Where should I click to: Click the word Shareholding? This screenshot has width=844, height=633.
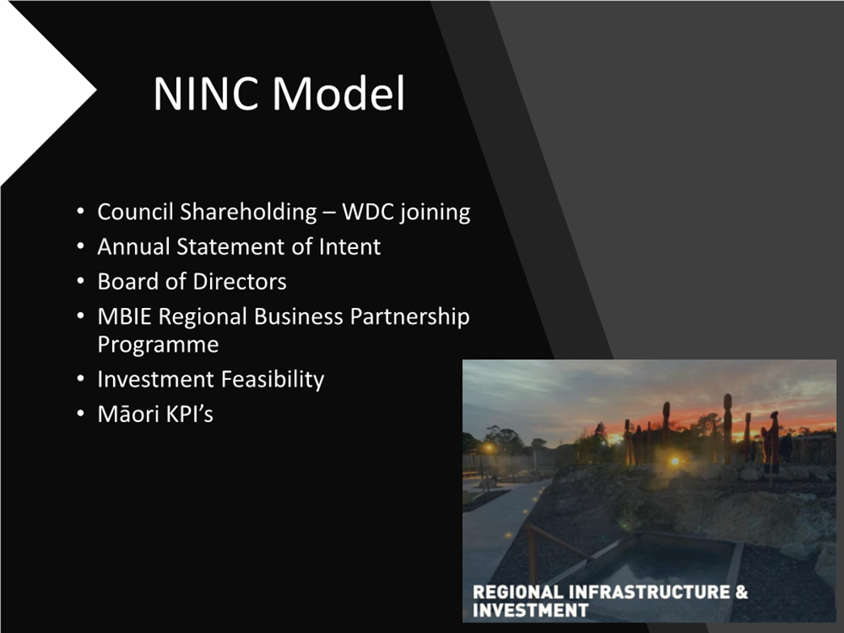click(x=248, y=212)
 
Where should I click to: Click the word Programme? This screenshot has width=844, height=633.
click(x=158, y=344)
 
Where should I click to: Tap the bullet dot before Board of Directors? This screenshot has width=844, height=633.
click(x=81, y=281)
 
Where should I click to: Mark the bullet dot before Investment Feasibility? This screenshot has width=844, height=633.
click(x=81, y=379)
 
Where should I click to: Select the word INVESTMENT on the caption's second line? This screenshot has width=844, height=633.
click(x=530, y=610)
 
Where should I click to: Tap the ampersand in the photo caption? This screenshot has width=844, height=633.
click(x=741, y=592)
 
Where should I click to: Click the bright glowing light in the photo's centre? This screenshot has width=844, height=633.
click(x=674, y=461)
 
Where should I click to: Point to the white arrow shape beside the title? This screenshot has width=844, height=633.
click(x=38, y=91)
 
